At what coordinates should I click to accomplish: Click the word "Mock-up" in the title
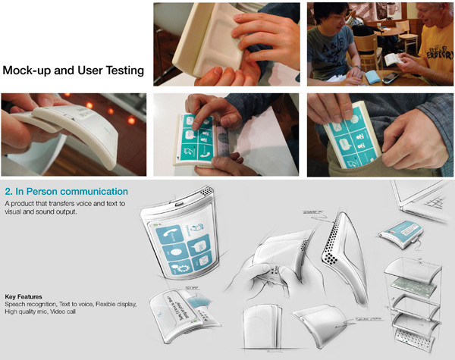[30, 70]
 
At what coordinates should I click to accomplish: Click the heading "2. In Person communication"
[66, 191]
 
